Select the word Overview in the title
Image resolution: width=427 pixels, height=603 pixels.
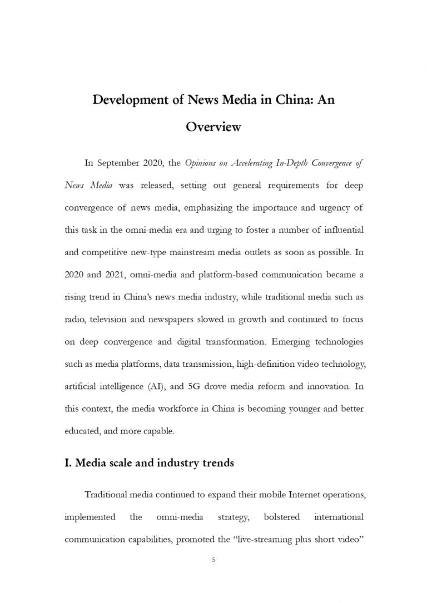coord(213,127)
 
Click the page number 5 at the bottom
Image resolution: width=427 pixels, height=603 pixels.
coord(213,560)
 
